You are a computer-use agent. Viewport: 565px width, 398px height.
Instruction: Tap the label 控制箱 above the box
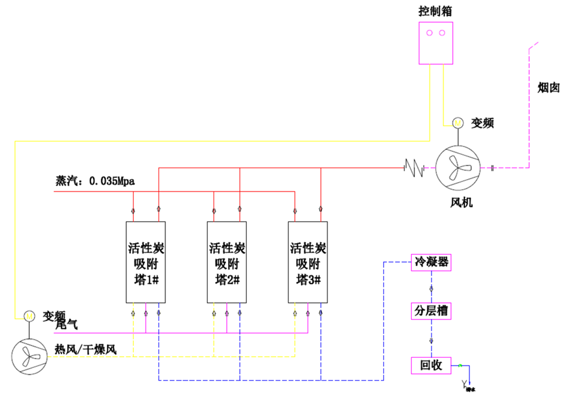(x=435, y=11)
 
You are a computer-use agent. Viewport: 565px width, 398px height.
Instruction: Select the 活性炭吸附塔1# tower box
(x=145, y=262)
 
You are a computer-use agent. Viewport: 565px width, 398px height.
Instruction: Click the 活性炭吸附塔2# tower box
(x=227, y=262)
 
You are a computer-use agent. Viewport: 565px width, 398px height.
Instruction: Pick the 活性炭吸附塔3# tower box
(x=308, y=262)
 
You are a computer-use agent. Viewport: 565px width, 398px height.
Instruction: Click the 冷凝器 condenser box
(x=431, y=262)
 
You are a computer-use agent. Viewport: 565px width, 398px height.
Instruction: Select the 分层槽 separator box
(x=431, y=311)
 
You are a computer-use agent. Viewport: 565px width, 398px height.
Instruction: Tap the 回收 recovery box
(x=431, y=366)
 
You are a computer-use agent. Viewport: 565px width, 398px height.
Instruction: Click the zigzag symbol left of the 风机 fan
(x=414, y=167)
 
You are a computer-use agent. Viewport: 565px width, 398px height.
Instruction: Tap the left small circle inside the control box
(x=429, y=33)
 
